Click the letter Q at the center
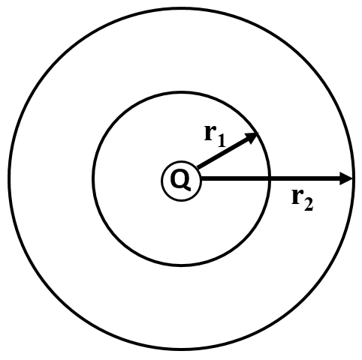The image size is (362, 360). (180, 181)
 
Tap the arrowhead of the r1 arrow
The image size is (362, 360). (252, 138)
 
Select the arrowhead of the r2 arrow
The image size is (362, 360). (346, 178)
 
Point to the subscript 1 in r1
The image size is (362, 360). (221, 140)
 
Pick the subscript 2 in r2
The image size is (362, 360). (308, 204)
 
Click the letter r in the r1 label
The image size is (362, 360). (210, 133)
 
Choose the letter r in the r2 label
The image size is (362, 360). (297, 197)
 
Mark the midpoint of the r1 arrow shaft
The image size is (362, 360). (228, 150)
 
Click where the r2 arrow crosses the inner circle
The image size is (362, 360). (270, 178)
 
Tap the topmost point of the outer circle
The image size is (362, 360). (182, 8)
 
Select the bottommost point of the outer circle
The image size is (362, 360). (182, 349)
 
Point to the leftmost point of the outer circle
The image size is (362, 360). (10, 178)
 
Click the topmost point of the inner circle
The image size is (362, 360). (181, 92)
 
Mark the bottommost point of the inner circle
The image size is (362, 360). (181, 265)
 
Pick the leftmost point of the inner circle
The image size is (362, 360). (93, 178)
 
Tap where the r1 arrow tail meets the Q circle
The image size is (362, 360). (198, 168)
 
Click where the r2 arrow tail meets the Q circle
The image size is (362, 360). (201, 178)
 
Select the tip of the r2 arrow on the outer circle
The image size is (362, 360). (353, 178)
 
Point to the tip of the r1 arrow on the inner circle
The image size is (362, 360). (258, 133)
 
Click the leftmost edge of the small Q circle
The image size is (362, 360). (161, 181)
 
